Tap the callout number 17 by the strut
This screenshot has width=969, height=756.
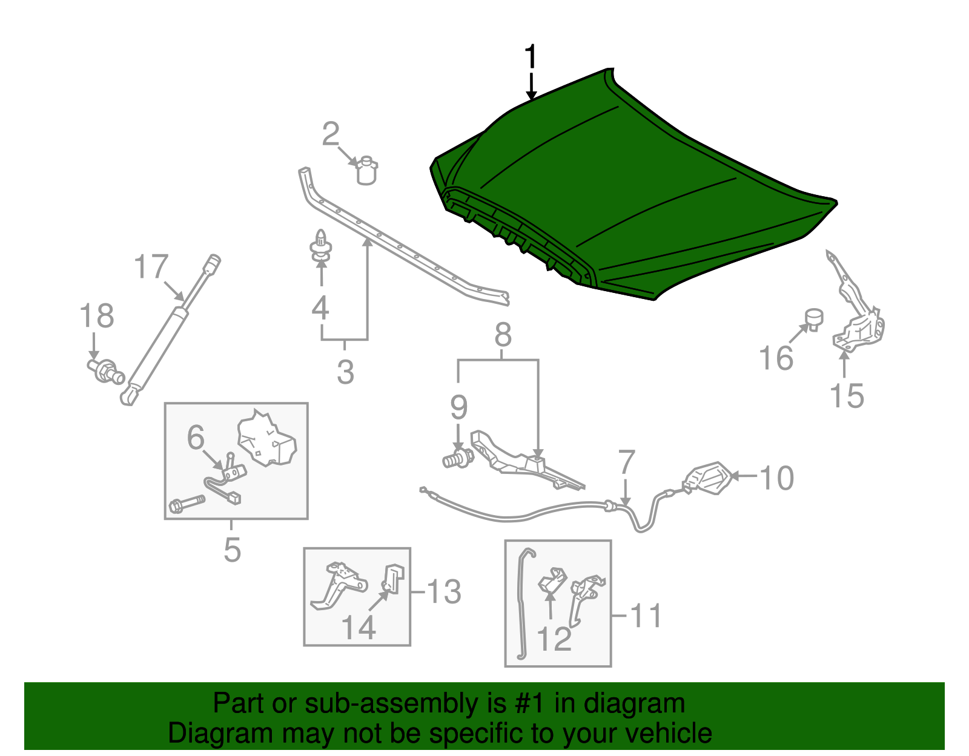click(151, 267)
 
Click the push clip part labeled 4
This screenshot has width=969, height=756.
click(320, 248)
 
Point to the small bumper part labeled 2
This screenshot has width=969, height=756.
click(366, 170)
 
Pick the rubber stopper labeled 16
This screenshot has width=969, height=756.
click(815, 318)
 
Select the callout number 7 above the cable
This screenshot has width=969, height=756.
click(626, 462)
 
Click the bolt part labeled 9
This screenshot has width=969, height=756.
click(458, 459)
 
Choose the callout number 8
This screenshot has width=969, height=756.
click(503, 335)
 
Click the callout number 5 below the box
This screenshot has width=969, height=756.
click(232, 550)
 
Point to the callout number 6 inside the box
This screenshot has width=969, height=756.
click(196, 437)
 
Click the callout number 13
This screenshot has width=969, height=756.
click(444, 591)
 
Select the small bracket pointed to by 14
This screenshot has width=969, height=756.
click(394, 579)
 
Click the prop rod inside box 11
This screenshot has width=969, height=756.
click(522, 605)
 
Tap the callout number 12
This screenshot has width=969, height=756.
click(554, 639)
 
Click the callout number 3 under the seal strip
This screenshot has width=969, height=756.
click(345, 372)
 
